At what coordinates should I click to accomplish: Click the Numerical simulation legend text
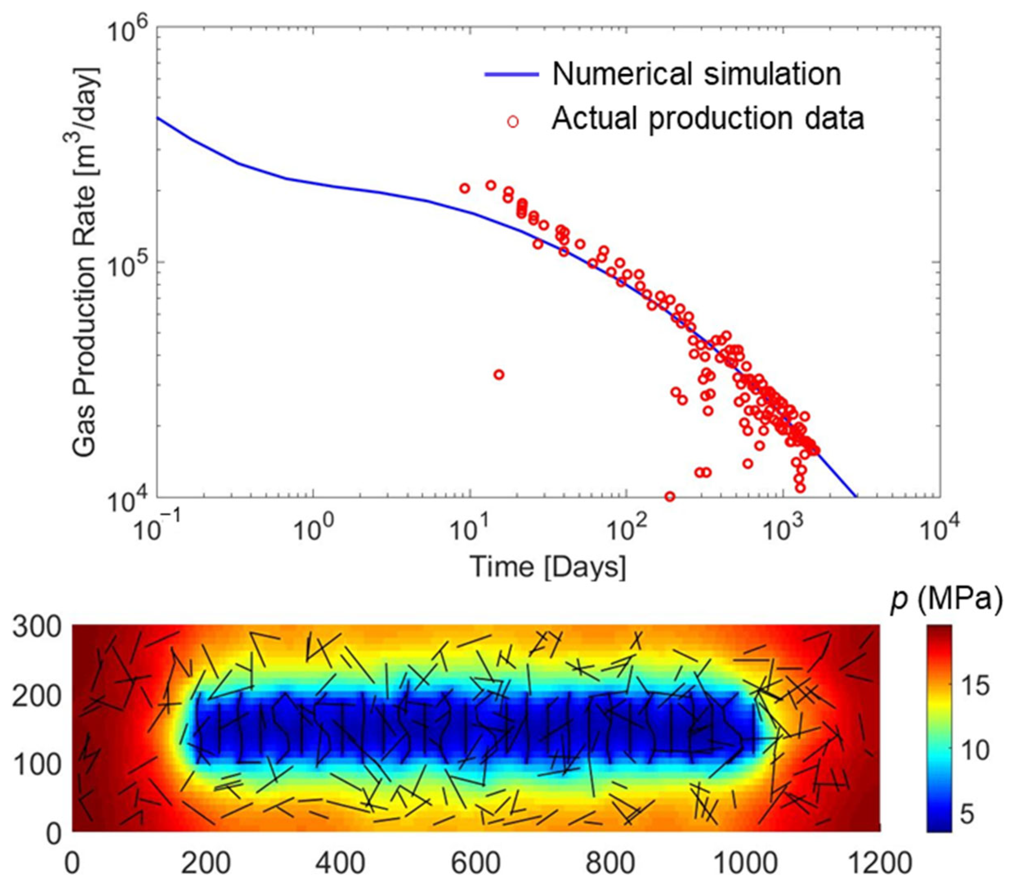pos(697,74)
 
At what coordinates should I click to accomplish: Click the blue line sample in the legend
pos(511,74)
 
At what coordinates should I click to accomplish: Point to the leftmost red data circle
pos(465,188)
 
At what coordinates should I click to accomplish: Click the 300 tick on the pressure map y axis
pos(37,628)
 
